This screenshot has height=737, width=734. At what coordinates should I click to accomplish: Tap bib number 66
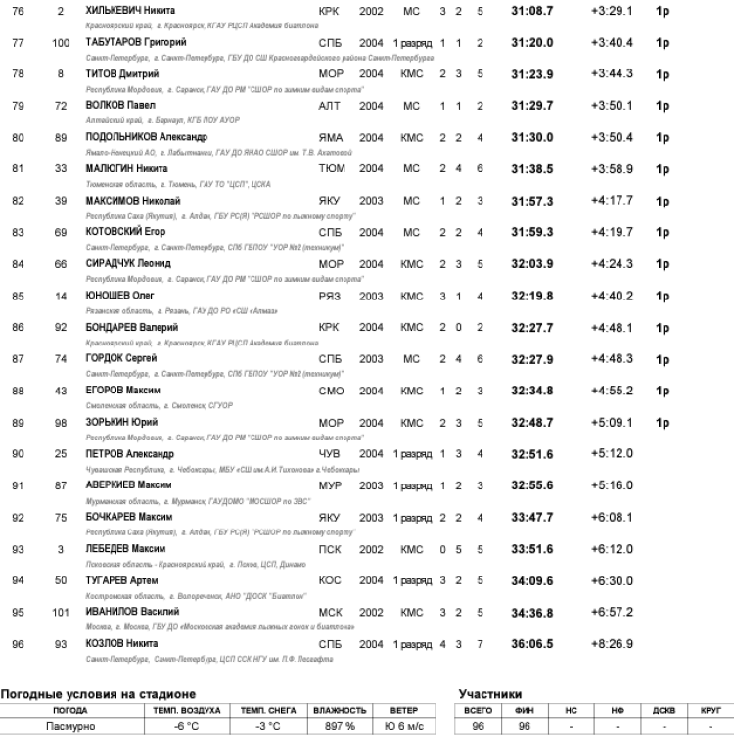pos(60,264)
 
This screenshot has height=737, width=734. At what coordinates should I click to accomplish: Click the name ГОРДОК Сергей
pos(122,359)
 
